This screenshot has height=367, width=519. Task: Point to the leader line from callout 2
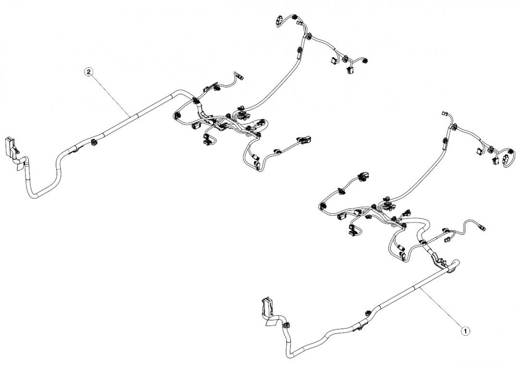tap(111, 93)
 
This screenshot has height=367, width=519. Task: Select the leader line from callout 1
tap(442, 310)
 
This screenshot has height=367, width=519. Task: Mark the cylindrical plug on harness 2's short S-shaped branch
tap(240, 76)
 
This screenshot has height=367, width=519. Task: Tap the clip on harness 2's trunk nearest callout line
tap(93, 142)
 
